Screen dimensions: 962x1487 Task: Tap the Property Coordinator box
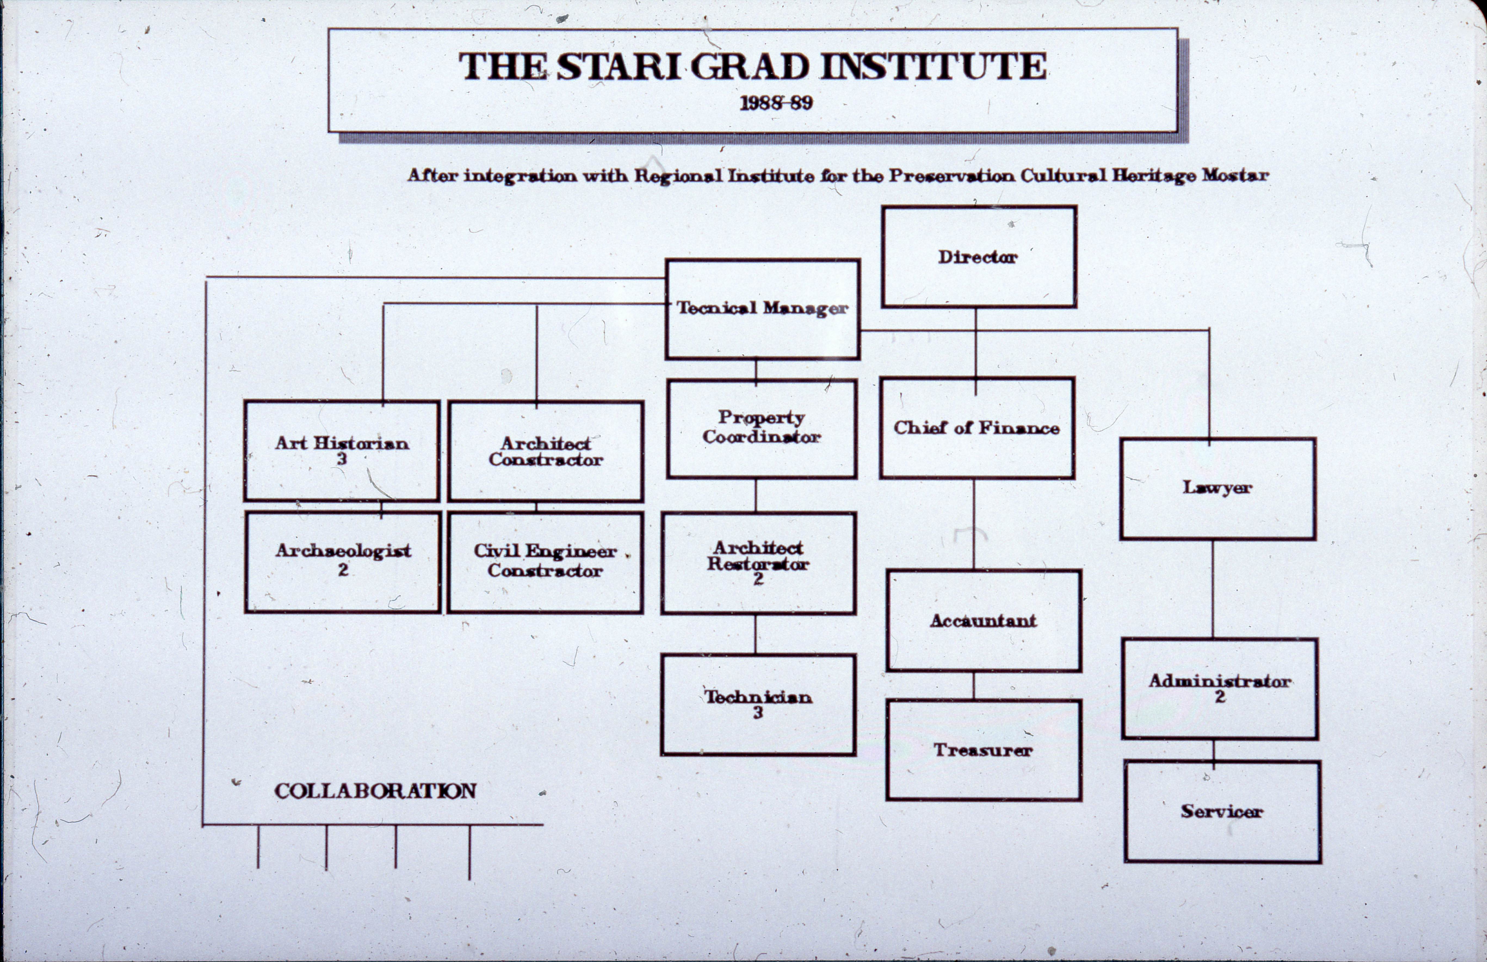click(761, 428)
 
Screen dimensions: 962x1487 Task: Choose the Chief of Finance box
click(977, 428)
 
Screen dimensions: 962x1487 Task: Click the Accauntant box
click(983, 620)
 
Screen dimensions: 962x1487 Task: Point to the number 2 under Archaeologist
click(343, 570)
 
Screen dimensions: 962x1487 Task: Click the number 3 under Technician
click(758, 713)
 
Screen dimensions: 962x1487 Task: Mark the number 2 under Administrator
click(1220, 696)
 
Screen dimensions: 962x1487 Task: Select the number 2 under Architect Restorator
click(758, 579)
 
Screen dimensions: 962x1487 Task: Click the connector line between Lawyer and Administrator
click(1213, 588)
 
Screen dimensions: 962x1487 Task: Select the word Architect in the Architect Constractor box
click(545, 443)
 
